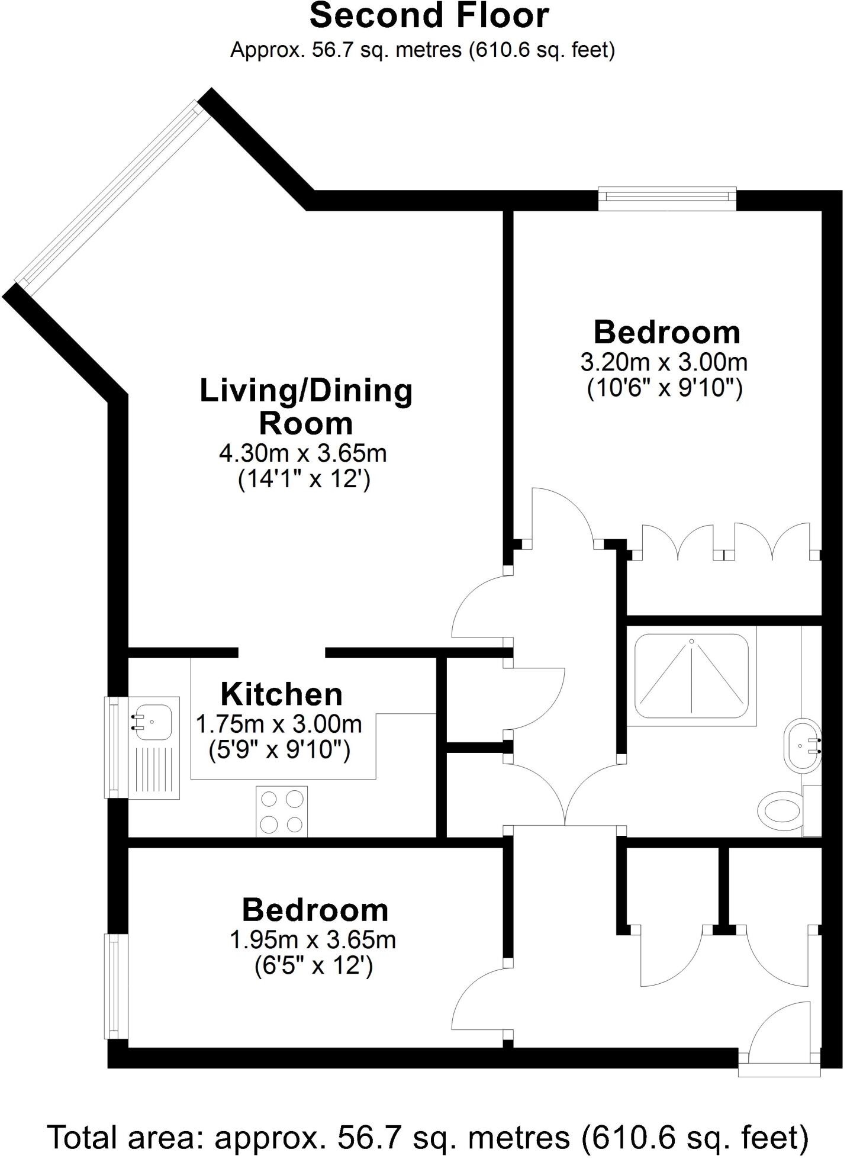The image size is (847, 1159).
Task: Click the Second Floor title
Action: coord(429,16)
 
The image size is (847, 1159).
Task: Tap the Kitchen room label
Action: coord(281,694)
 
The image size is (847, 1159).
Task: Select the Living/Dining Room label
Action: coord(306,407)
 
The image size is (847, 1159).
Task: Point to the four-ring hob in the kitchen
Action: coord(282,812)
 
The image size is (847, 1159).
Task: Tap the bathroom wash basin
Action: coord(802,745)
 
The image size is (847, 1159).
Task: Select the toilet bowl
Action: coord(780,812)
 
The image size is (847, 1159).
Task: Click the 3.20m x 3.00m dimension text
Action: coord(664,362)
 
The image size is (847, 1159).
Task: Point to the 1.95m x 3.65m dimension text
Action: coord(313,940)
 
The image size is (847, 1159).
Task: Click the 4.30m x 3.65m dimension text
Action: coord(303,453)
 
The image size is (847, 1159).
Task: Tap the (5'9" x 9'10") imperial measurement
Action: coord(279,751)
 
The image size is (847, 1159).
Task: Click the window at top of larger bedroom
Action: coord(667,198)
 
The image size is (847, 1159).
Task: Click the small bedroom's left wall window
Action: coord(117,986)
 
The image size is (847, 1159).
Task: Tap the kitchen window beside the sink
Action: coord(116,746)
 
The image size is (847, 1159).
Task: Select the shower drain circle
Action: coord(691,642)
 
